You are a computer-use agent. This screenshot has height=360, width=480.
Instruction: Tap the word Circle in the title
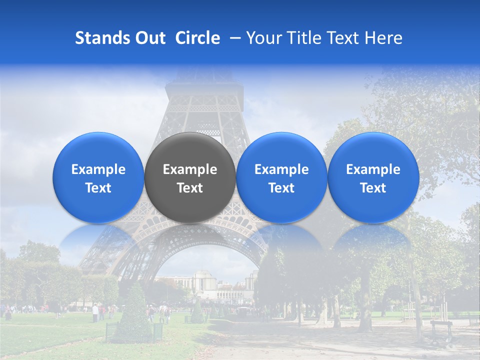(x=197, y=38)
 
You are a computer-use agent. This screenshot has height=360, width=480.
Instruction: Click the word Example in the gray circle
(x=190, y=169)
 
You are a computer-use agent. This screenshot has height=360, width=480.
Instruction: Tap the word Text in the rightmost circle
(x=373, y=188)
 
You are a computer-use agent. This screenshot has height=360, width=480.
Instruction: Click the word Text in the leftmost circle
(x=98, y=188)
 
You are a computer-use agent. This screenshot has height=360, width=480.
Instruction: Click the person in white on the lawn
(x=95, y=312)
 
